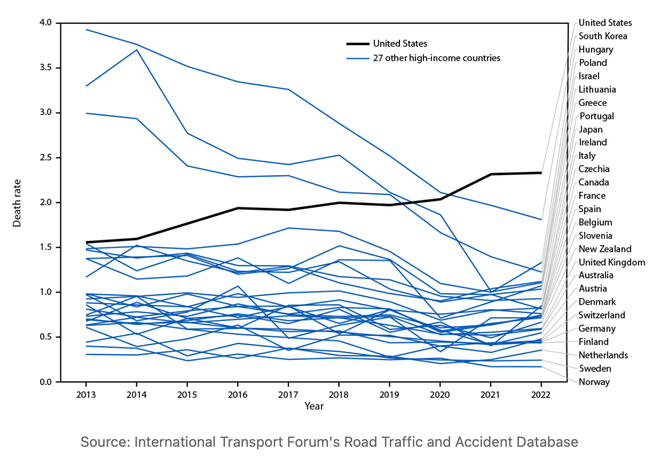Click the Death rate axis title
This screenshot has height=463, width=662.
pos(17,202)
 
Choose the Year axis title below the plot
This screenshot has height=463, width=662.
pos(314,406)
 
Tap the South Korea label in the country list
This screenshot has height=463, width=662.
pos(603,36)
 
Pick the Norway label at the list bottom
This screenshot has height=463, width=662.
pos(594,382)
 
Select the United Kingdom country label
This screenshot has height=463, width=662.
pos(612,262)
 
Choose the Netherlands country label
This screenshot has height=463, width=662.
pos(603,355)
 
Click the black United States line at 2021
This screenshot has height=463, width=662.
pos(491,174)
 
